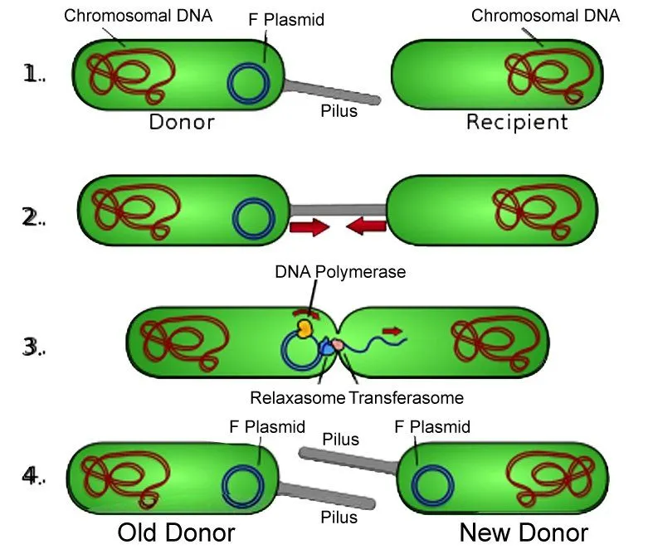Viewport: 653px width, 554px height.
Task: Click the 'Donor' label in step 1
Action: click(x=182, y=123)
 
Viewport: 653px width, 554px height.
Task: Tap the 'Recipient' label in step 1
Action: click(x=517, y=123)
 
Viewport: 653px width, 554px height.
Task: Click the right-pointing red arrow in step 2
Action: click(x=309, y=227)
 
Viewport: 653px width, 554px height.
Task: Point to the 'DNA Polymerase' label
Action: click(x=340, y=271)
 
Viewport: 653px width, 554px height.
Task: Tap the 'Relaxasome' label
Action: click(x=297, y=397)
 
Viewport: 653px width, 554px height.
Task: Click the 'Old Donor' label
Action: click(x=176, y=532)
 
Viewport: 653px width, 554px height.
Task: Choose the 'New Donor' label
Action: click(x=524, y=532)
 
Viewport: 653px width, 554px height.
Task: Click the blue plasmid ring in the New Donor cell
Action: click(x=433, y=485)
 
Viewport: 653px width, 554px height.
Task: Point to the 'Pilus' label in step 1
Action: click(x=339, y=110)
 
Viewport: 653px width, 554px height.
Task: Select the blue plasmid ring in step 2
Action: click(x=254, y=218)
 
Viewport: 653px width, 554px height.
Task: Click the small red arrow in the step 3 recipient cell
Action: click(x=392, y=332)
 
